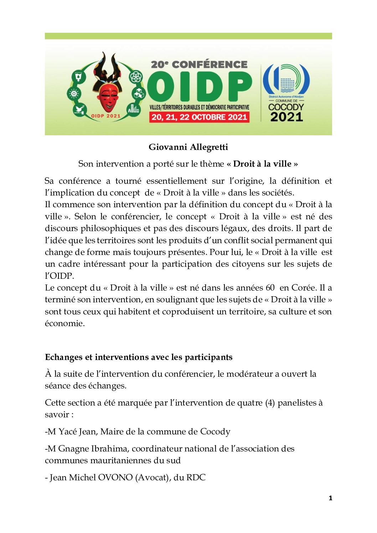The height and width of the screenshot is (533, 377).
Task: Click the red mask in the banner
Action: (109, 96)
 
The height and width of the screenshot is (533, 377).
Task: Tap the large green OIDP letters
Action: (199, 86)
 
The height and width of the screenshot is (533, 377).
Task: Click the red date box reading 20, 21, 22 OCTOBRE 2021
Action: (199, 117)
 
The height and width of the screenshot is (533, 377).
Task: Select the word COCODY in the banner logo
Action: (286, 107)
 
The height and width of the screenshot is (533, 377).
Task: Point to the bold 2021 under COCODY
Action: (286, 117)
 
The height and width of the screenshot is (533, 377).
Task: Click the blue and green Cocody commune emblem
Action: (286, 79)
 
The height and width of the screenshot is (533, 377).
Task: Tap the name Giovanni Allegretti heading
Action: (188, 147)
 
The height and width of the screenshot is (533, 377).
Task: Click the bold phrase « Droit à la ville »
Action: (262, 164)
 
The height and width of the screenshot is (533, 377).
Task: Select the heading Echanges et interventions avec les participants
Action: (139, 357)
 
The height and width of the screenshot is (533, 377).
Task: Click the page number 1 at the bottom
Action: (330, 498)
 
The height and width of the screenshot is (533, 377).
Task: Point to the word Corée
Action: (304, 288)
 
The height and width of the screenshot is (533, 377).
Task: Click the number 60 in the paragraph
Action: (270, 288)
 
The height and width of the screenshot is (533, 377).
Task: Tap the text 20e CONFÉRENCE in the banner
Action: (199, 64)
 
